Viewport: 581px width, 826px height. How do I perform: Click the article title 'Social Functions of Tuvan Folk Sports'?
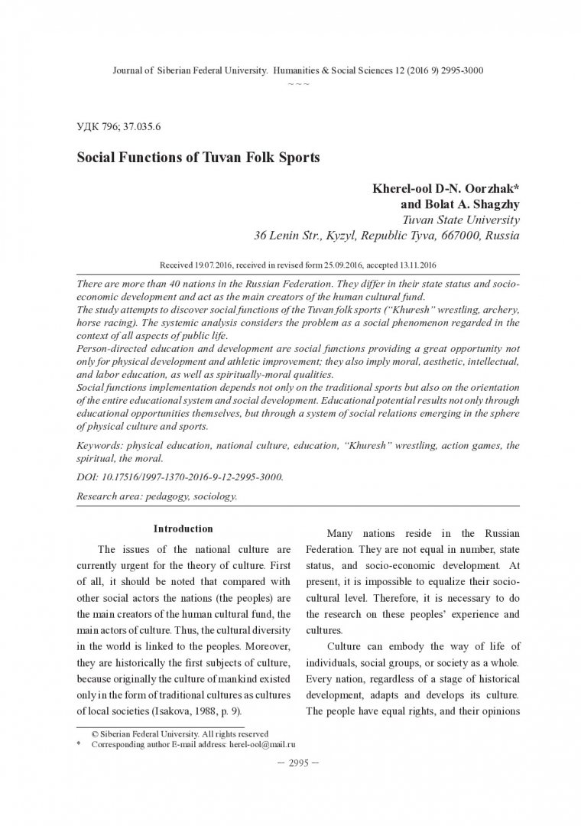197,158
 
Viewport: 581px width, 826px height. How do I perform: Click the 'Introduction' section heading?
183,528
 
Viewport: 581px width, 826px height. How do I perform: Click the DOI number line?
180,476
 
